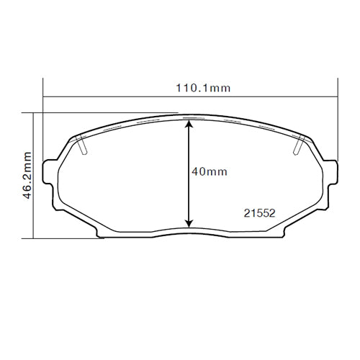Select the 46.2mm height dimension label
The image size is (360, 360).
click(27, 175)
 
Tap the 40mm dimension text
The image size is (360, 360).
click(210, 171)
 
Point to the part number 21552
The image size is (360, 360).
click(258, 212)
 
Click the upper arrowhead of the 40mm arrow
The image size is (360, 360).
click(189, 124)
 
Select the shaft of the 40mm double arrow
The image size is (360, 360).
click(189, 173)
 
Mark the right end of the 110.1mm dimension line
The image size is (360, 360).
click(337, 96)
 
